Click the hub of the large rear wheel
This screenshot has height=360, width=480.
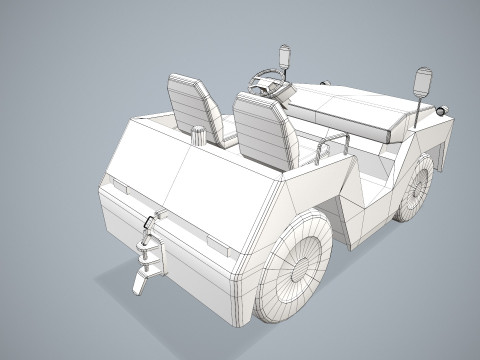point(297,268)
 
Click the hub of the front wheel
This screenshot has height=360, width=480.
point(417,186)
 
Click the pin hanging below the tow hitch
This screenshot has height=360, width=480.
point(138,283)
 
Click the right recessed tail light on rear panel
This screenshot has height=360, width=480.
point(215,245)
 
